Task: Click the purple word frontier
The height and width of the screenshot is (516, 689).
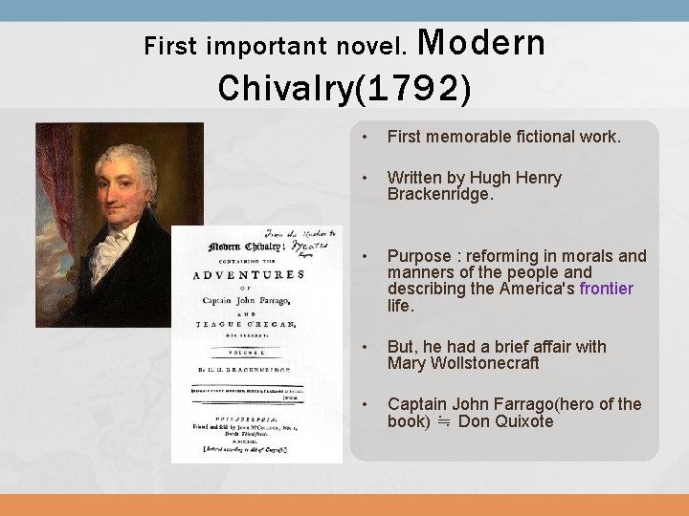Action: tap(599, 289)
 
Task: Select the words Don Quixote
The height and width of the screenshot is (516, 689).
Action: tap(506, 421)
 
